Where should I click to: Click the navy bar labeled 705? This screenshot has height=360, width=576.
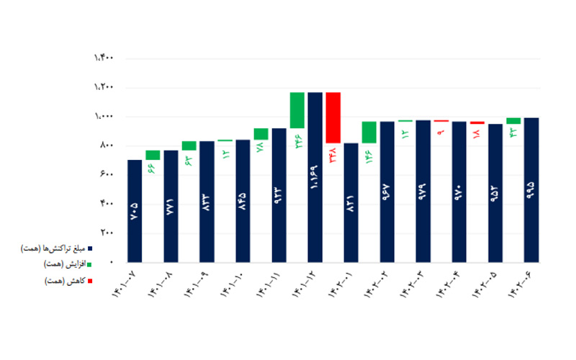135,210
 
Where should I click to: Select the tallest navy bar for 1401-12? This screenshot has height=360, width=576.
315,176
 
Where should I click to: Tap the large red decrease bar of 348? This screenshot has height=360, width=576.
333,117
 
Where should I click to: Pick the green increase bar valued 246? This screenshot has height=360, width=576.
297,110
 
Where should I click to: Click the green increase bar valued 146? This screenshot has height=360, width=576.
369,132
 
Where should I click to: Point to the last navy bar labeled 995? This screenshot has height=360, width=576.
531,189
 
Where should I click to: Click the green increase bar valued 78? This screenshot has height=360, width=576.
261,134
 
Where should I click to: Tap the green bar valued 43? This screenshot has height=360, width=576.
513,121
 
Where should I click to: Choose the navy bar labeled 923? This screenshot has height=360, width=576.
279,194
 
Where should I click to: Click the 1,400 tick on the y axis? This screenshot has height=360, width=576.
103,58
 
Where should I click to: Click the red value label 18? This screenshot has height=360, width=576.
477,134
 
